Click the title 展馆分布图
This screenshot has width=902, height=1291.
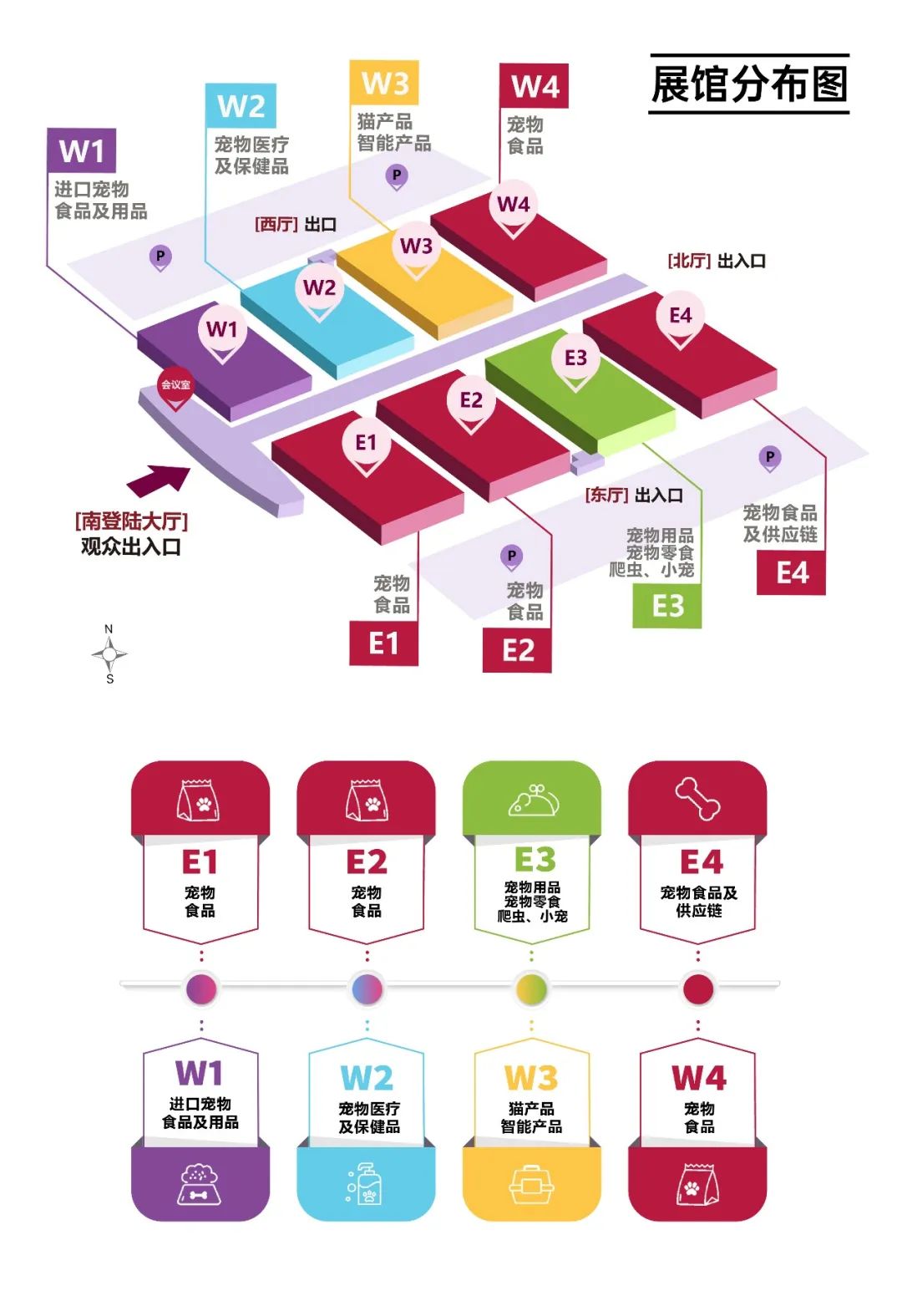[x=749, y=84]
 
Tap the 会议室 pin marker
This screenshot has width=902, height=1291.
[x=175, y=386]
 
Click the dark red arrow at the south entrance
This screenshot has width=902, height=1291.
[x=159, y=480]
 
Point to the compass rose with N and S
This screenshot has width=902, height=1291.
[x=109, y=654]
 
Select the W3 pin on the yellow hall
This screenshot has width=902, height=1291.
[x=416, y=247]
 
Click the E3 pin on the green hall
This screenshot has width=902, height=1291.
[x=575, y=359]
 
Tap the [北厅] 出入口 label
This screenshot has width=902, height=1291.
[x=717, y=261]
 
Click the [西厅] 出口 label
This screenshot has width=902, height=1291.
[x=296, y=224]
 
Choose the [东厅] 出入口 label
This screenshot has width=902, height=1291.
[x=634, y=495]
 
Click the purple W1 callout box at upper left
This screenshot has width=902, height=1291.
[x=81, y=150]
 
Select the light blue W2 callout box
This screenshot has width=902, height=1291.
[x=241, y=106]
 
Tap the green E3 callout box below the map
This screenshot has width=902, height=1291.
[x=667, y=606]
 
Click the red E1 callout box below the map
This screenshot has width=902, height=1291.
[x=383, y=643]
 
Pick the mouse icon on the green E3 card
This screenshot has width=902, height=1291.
[x=533, y=801]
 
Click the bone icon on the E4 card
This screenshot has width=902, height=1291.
[x=698, y=799]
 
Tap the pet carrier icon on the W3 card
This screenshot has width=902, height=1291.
[x=532, y=1184]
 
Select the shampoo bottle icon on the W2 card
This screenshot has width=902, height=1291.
[x=365, y=1183]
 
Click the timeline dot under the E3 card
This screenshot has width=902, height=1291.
[x=531, y=989]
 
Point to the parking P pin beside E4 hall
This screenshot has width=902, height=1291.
[x=769, y=458]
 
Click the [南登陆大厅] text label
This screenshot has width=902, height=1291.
[x=131, y=521]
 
